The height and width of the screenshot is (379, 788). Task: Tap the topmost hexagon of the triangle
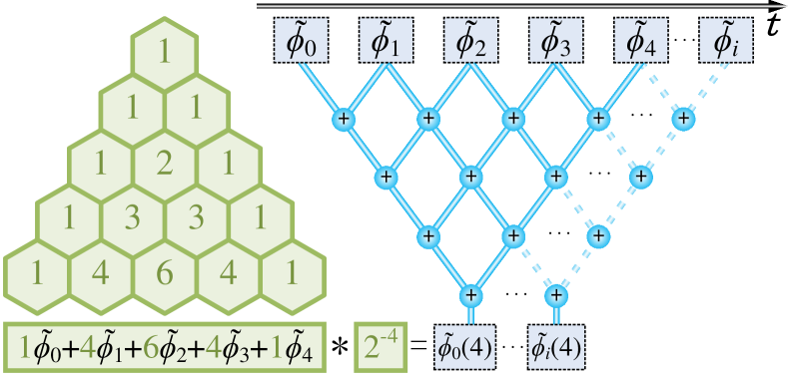click(164, 49)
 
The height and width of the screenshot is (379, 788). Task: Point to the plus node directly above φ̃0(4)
click(470, 295)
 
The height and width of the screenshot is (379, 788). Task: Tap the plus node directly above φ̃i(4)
click(556, 295)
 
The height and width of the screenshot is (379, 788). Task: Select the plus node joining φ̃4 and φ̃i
click(683, 119)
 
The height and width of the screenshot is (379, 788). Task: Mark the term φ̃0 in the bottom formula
click(45, 348)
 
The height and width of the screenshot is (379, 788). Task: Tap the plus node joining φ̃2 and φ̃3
click(513, 119)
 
